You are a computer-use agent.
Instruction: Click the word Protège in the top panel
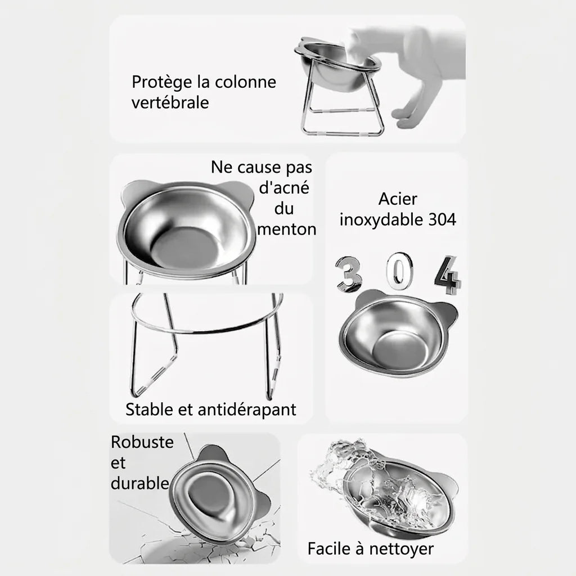162,82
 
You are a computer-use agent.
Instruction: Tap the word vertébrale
170,102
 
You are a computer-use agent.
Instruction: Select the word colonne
245,82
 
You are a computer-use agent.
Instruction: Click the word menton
286,229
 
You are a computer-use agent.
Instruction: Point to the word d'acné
284,188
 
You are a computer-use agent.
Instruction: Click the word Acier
398,199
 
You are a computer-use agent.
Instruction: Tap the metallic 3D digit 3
348,274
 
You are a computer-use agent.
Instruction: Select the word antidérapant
247,410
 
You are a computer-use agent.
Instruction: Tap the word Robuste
142,442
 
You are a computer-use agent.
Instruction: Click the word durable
140,483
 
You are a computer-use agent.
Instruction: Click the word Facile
328,549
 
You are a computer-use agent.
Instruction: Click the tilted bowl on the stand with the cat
337,63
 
